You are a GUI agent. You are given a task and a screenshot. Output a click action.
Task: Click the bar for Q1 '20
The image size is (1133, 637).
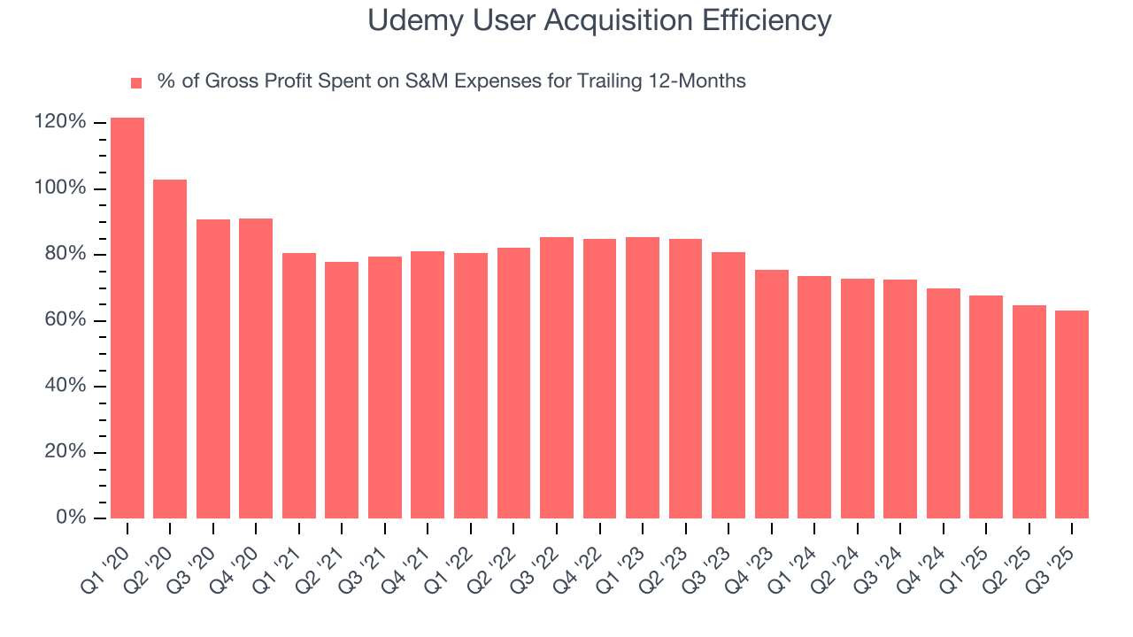[x=127, y=318]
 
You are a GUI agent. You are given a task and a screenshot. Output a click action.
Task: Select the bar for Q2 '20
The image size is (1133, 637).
[x=170, y=349]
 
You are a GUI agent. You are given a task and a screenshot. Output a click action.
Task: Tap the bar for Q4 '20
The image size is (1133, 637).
[x=256, y=368]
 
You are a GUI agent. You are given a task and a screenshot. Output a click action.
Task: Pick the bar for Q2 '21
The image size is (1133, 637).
[x=342, y=389]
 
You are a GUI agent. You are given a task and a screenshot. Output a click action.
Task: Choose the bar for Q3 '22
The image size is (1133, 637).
[x=557, y=377]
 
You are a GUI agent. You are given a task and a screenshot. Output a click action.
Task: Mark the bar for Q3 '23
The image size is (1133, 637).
[x=728, y=385]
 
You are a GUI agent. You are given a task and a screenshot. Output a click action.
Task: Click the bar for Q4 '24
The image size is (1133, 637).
[x=944, y=403]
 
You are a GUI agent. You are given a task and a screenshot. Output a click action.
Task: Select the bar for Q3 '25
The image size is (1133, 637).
[x=1072, y=414]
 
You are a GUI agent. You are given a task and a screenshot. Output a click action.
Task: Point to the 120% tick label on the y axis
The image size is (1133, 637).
[x=61, y=122]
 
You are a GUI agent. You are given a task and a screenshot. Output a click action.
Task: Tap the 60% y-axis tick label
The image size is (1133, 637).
[x=65, y=320]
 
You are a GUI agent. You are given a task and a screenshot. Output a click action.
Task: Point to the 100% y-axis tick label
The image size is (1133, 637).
[x=61, y=188]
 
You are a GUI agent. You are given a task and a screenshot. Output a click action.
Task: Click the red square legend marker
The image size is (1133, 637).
[x=136, y=82]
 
